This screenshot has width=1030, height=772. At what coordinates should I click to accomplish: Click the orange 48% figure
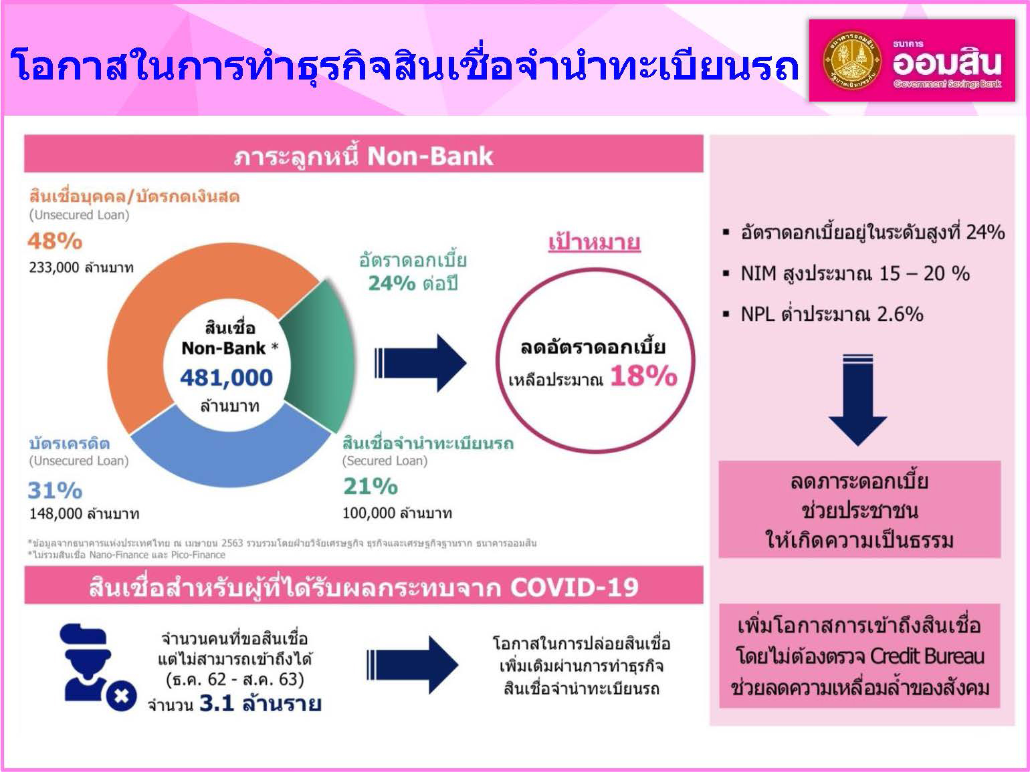point(55,241)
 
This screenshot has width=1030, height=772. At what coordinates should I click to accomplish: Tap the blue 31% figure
point(55,491)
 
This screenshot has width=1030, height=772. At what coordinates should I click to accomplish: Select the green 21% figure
point(371,486)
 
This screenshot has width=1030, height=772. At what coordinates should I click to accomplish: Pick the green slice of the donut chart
point(321,354)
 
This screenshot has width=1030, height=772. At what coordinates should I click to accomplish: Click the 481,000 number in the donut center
point(227,378)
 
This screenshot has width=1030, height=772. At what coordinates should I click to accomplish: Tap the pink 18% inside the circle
point(643,377)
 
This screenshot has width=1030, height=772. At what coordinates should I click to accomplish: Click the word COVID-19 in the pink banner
point(574,588)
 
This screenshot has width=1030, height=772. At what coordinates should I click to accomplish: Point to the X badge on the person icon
point(121,696)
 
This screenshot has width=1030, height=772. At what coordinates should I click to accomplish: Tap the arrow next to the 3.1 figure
point(413,664)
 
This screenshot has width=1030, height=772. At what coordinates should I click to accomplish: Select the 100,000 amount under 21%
point(369,513)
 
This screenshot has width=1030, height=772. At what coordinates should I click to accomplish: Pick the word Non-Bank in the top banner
point(430,156)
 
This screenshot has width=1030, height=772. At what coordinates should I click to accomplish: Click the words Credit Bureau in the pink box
point(928,656)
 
